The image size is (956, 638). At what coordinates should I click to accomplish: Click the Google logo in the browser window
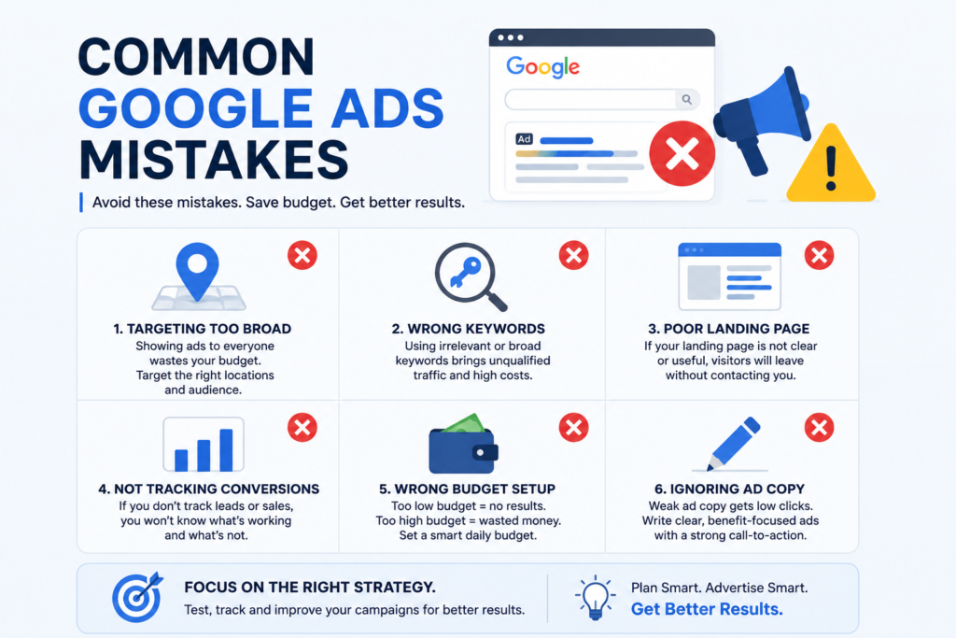click(542, 67)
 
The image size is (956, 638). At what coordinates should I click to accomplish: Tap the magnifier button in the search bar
click(687, 99)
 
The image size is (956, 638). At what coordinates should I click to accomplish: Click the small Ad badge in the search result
click(524, 139)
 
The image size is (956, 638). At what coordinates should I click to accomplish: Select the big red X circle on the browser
click(682, 153)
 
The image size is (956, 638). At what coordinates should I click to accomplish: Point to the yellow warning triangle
click(831, 164)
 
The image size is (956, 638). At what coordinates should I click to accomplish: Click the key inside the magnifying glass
click(465, 272)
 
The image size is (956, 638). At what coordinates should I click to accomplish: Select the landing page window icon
click(730, 276)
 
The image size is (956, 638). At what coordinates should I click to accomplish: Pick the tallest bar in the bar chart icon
click(226, 449)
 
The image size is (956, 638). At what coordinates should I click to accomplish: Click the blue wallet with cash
click(463, 444)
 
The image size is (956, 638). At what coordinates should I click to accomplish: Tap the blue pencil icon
click(734, 444)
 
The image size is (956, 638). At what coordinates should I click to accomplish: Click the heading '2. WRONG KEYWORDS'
click(469, 329)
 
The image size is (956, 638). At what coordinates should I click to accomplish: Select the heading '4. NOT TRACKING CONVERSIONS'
click(208, 489)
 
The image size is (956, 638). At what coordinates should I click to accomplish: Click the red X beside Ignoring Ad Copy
click(820, 428)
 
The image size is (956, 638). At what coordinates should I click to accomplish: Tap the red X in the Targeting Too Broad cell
click(302, 256)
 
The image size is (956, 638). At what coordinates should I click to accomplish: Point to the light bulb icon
click(595, 598)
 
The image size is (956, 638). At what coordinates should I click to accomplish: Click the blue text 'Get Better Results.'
click(707, 609)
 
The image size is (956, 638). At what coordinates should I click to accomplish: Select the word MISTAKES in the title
click(214, 160)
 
